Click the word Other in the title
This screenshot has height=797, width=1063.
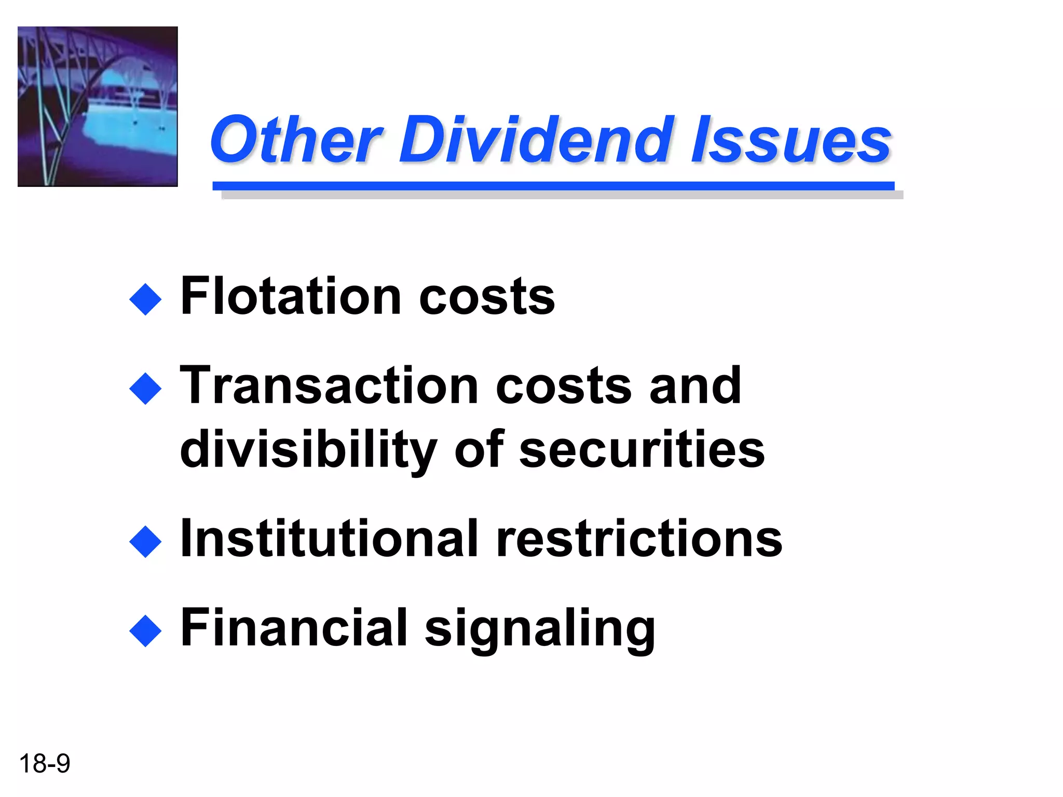click(x=296, y=139)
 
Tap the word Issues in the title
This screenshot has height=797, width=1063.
click(x=791, y=139)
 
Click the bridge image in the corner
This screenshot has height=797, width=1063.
click(x=98, y=106)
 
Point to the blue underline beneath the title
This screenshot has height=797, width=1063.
click(x=553, y=186)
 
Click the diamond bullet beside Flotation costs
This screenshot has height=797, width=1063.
click(x=145, y=299)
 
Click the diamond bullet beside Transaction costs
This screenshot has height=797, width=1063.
click(x=145, y=389)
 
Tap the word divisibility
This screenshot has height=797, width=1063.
click(x=308, y=450)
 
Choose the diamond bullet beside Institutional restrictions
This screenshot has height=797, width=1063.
click(x=145, y=542)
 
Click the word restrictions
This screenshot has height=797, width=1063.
click(x=639, y=539)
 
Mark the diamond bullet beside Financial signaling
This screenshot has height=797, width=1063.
click(x=145, y=631)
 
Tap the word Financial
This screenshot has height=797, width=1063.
click(x=294, y=628)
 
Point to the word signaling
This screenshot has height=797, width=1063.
click(x=540, y=629)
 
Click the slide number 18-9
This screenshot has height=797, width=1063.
click(x=45, y=764)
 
